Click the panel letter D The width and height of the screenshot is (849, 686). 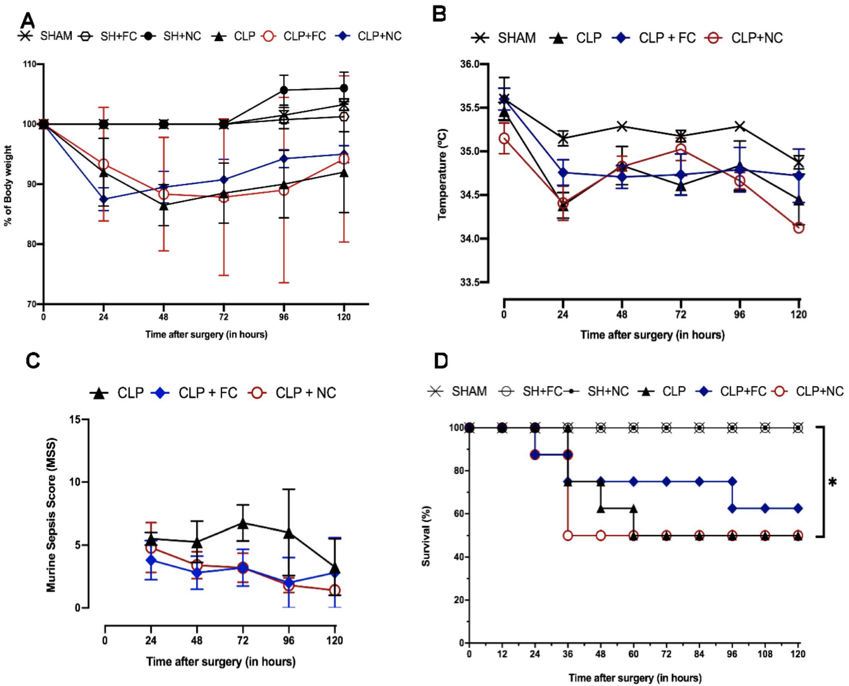[441, 361]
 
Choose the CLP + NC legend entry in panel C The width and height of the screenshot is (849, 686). [292, 393]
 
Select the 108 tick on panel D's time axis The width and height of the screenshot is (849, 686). [765, 654]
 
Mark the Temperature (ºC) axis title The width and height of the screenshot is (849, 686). [442, 174]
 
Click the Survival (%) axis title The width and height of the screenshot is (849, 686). [426, 536]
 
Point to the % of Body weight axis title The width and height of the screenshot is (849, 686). [8, 186]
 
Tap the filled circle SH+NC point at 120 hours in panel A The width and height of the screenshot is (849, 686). [344, 88]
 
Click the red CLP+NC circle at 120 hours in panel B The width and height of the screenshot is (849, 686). [798, 228]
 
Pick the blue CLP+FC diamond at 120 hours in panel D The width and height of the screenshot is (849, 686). [798, 508]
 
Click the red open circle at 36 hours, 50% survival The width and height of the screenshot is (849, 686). [567, 536]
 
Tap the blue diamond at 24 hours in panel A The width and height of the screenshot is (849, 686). [103, 199]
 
